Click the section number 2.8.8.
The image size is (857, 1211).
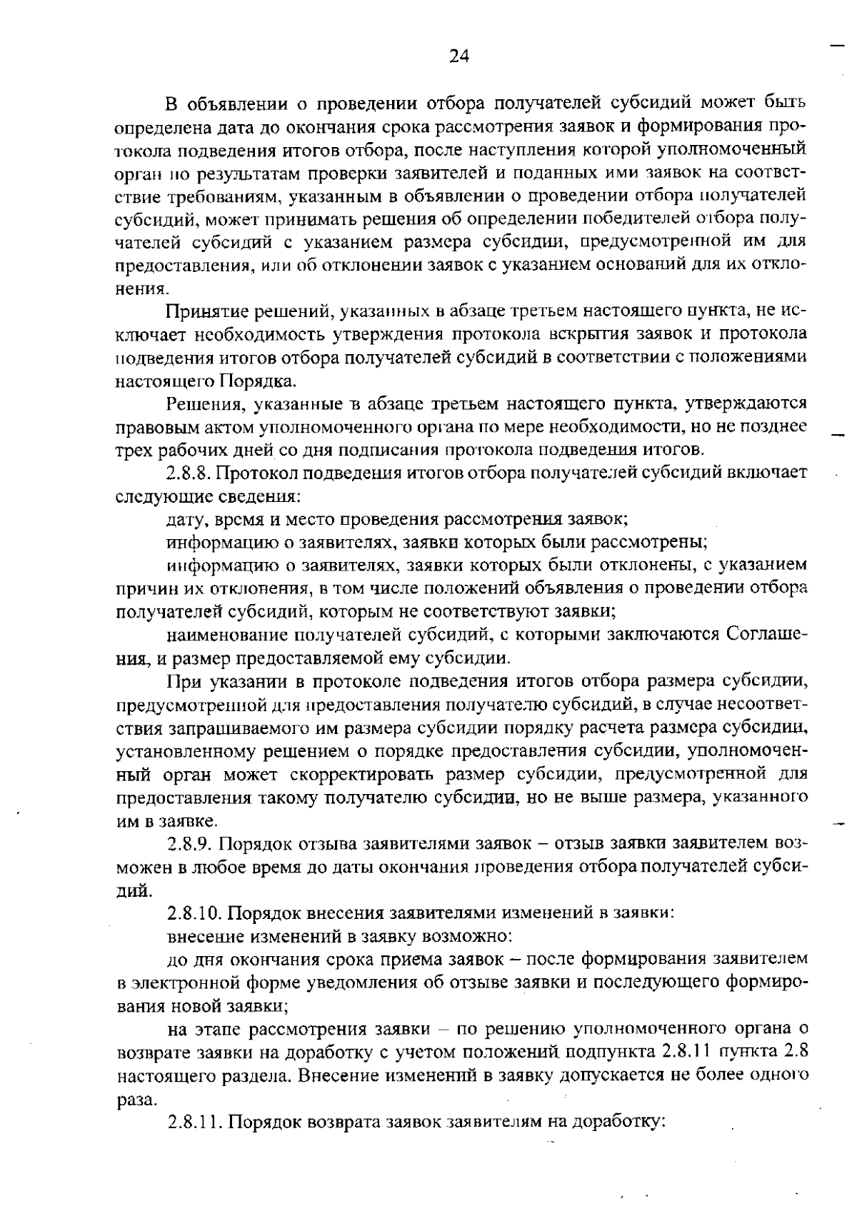click(189, 473)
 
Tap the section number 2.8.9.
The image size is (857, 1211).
click(189, 844)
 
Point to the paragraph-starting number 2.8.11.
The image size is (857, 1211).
click(194, 1121)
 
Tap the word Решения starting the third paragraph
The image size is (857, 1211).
click(198, 405)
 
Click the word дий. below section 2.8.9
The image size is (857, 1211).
click(134, 890)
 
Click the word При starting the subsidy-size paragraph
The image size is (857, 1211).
click(183, 680)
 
